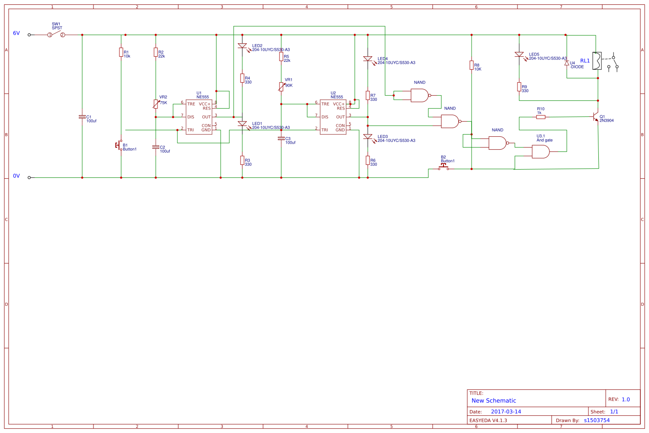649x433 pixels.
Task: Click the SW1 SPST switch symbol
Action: pyautogui.click(x=56, y=34)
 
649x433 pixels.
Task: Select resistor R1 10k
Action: pyautogui.click(x=121, y=52)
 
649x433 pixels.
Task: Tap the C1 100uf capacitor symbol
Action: pyautogui.click(x=82, y=117)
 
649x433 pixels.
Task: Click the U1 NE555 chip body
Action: pyautogui.click(x=199, y=117)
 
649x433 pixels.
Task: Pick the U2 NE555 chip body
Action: pyautogui.click(x=333, y=117)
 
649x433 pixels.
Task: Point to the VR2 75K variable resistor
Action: pyautogui.click(x=156, y=104)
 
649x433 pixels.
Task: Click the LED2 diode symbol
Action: pyautogui.click(x=242, y=45)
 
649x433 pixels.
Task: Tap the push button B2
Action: pyautogui.click(x=443, y=167)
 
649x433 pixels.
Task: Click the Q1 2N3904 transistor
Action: pyautogui.click(x=596, y=117)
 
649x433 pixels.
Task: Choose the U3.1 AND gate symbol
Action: pyautogui.click(x=540, y=151)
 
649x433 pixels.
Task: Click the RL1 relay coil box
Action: pyautogui.click(x=597, y=61)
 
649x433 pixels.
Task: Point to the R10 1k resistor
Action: pyautogui.click(x=541, y=117)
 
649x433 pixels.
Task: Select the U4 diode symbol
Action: pyautogui.click(x=567, y=63)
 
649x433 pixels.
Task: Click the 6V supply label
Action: pyautogui.click(x=16, y=33)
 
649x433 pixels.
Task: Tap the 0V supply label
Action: pyautogui.click(x=16, y=176)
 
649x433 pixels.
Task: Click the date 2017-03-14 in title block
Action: pyautogui.click(x=506, y=412)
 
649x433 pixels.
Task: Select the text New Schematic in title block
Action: pyautogui.click(x=494, y=401)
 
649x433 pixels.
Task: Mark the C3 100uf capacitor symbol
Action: pyautogui.click(x=281, y=138)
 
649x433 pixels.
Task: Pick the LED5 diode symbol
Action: pyautogui.click(x=519, y=55)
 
